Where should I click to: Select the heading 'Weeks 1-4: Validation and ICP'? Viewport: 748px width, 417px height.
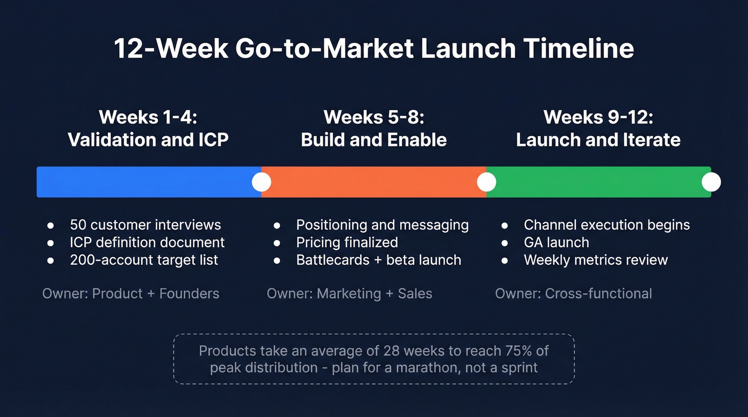coord(148,128)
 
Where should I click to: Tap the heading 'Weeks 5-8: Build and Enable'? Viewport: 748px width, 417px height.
coord(373,128)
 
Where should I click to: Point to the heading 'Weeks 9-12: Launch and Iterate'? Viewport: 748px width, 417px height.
coord(598,128)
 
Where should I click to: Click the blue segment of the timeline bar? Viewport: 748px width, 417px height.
coord(144,182)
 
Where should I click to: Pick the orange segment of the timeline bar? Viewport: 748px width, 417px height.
coord(373,182)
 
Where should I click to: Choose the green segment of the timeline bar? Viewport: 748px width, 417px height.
coord(598,182)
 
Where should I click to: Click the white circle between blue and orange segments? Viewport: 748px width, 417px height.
coord(261,182)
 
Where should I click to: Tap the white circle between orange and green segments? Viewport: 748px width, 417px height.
coord(486,182)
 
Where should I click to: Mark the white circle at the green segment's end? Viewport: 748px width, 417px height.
coord(711,182)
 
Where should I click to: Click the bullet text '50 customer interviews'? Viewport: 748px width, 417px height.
coord(145,225)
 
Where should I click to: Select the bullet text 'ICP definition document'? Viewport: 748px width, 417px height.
coord(147,242)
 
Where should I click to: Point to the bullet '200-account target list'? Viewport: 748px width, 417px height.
coord(144,260)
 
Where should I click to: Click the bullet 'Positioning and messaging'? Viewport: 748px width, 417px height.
coord(382,225)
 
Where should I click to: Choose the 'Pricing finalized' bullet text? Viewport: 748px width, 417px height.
coord(347,242)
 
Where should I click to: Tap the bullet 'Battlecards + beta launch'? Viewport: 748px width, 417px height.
coord(378,260)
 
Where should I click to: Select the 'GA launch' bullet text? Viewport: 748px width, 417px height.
coord(556,242)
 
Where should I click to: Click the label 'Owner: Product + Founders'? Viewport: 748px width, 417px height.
coord(131,293)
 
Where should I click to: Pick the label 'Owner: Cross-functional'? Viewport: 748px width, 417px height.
coord(573,293)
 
